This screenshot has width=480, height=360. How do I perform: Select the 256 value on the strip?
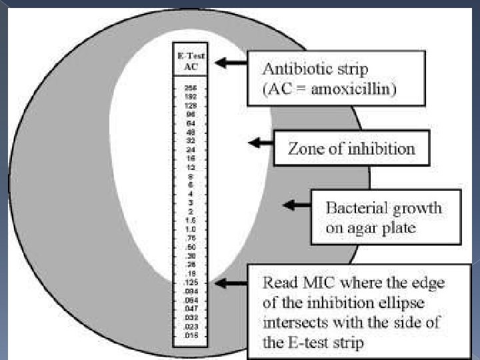(191, 87)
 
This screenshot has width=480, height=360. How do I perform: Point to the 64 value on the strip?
(191, 123)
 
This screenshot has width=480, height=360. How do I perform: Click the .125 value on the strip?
(191, 283)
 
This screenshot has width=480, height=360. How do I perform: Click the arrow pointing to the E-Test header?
(230, 63)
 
